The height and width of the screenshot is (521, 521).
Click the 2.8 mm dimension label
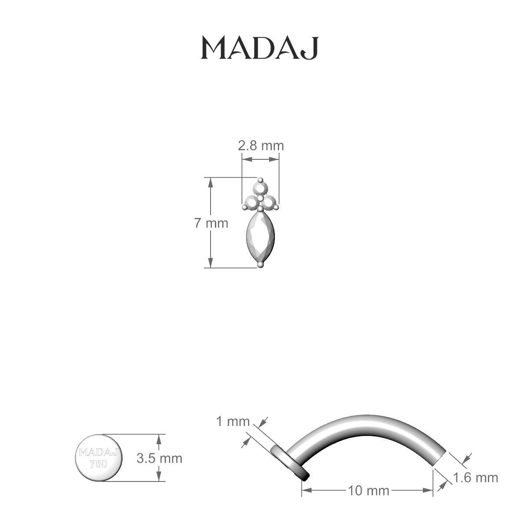click(x=260, y=145)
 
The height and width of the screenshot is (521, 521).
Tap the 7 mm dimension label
click(x=211, y=223)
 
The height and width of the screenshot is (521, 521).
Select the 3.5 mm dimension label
click(x=159, y=458)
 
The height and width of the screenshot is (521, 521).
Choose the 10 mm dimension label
click(x=368, y=491)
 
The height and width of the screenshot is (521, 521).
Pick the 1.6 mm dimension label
click(x=475, y=478)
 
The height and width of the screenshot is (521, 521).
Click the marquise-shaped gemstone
click(x=260, y=237)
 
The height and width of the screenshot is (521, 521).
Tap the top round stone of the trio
click(x=260, y=188)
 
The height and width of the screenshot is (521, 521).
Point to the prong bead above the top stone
click(x=260, y=180)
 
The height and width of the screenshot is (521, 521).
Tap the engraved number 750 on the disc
click(x=98, y=464)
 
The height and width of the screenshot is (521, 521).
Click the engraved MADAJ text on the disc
click(x=98, y=452)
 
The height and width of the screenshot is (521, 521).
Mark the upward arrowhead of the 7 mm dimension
click(x=211, y=181)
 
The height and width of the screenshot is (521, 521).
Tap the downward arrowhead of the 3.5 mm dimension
click(x=159, y=478)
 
